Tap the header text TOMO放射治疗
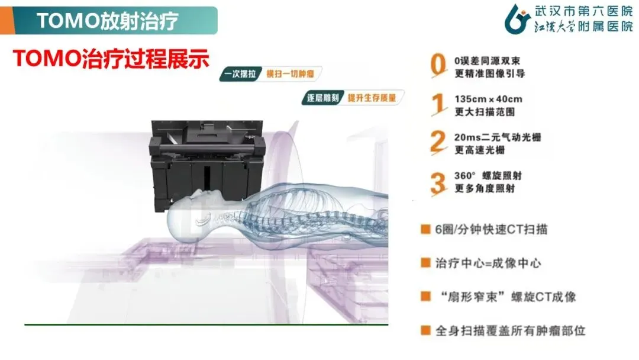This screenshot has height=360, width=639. click(x=107, y=21)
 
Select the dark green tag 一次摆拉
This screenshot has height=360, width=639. click(x=240, y=74)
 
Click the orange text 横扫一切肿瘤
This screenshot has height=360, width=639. click(x=290, y=74)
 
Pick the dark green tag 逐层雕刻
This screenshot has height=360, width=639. click(x=323, y=98)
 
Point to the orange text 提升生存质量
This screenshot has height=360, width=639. click(x=372, y=98)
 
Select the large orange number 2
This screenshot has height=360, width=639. click(x=438, y=142)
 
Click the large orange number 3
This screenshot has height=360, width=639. click(x=438, y=182)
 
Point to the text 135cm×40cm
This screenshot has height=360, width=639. click(x=488, y=99)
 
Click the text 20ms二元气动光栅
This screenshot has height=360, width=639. click(x=498, y=137)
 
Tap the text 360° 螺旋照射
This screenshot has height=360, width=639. click(x=488, y=176)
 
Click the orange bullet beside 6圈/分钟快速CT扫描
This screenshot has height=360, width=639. click(x=425, y=229)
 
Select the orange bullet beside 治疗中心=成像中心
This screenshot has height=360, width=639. click(x=425, y=262)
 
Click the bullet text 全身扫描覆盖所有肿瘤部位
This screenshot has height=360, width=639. click(x=510, y=330)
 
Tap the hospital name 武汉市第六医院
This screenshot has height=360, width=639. click(x=583, y=11)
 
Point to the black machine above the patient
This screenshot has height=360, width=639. click(x=208, y=163)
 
